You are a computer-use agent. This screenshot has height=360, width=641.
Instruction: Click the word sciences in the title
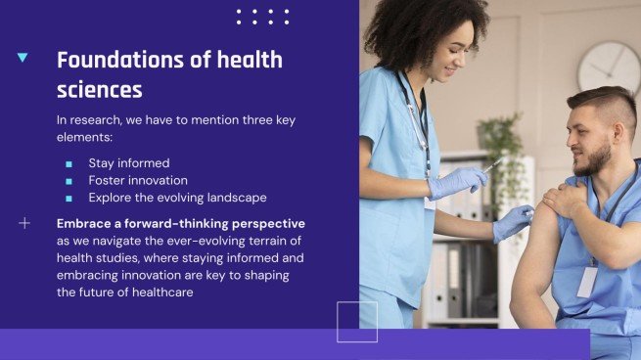pyautogui.click(x=99, y=90)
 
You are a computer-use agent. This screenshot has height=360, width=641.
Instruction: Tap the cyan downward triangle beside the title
pyautogui.click(x=23, y=59)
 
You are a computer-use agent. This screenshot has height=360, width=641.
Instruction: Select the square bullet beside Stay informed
pyautogui.click(x=69, y=163)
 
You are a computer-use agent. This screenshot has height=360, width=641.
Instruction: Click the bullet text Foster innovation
pyautogui.click(x=138, y=180)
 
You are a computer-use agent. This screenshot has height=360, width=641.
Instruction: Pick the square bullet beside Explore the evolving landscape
pyautogui.click(x=69, y=198)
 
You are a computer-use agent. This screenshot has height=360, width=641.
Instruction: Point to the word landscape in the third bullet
pyautogui.click(x=234, y=198)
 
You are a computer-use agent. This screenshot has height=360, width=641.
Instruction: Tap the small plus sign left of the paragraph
pyautogui.click(x=24, y=223)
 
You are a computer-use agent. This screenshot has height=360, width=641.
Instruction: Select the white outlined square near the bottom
pyautogui.click(x=357, y=322)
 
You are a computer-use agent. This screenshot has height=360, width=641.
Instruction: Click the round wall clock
pyautogui.click(x=609, y=67)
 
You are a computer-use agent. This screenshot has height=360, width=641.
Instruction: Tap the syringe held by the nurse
pyautogui.click(x=492, y=165)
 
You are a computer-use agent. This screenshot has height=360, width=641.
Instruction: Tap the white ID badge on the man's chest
pyautogui.click(x=587, y=282)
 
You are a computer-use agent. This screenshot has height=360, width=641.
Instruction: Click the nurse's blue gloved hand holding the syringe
pyautogui.click(x=458, y=180)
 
